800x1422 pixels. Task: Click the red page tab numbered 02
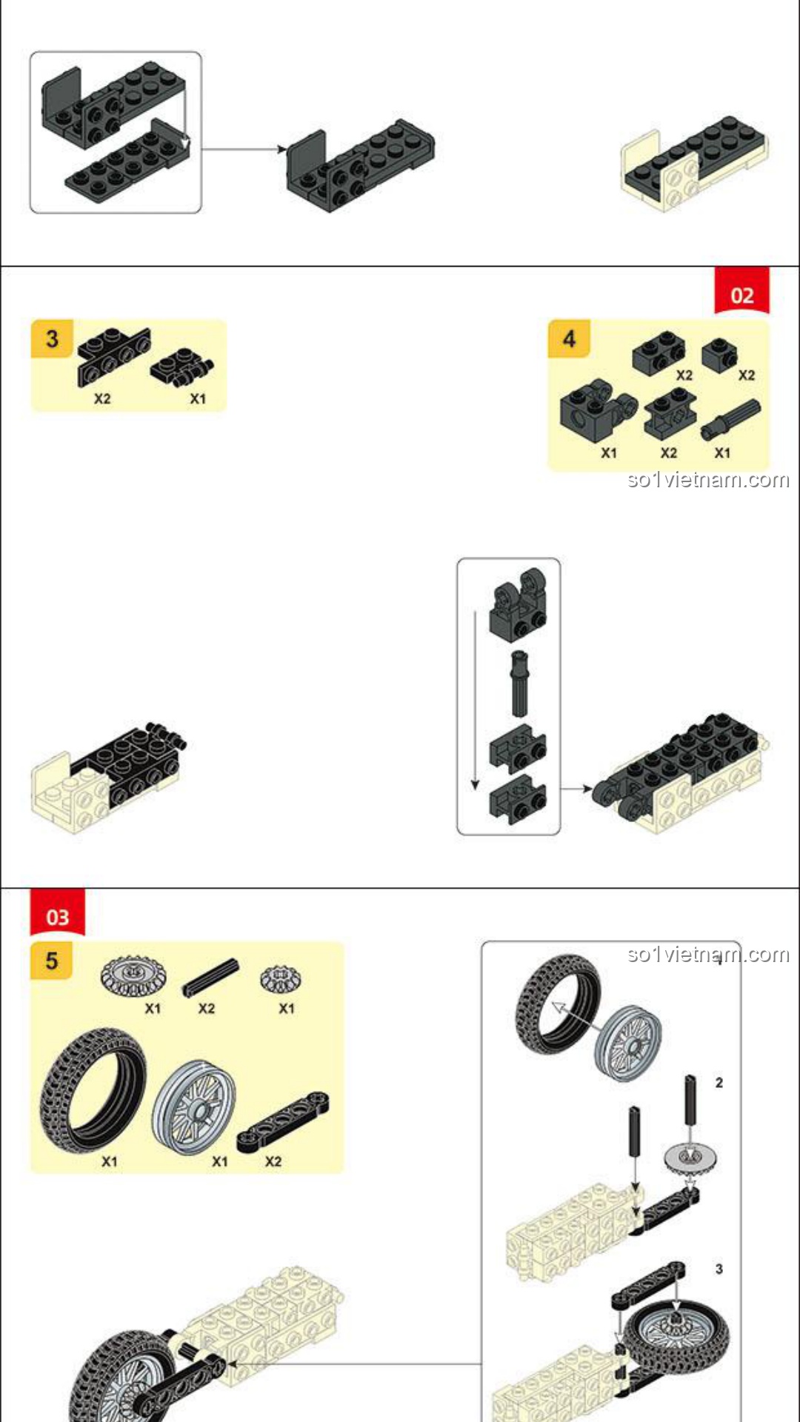[x=741, y=294]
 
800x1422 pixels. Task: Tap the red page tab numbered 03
[x=57, y=916]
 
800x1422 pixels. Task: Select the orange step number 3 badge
[x=52, y=339]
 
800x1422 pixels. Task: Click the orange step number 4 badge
[x=569, y=339]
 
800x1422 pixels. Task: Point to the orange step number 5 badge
[x=52, y=961]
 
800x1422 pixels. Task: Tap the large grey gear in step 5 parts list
[x=133, y=975]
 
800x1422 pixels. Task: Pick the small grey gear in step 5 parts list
[x=280, y=979]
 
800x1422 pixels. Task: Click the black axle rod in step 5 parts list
[x=211, y=978]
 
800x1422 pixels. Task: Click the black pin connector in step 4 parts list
[x=730, y=420]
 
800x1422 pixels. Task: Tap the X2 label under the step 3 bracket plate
[x=102, y=398]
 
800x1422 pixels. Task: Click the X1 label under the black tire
[x=110, y=1161]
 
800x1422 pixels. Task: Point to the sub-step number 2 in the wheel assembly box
[x=719, y=1083]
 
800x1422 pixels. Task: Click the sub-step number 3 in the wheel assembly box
[x=719, y=1269]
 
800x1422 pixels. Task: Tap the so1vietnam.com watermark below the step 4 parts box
[x=708, y=480]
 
